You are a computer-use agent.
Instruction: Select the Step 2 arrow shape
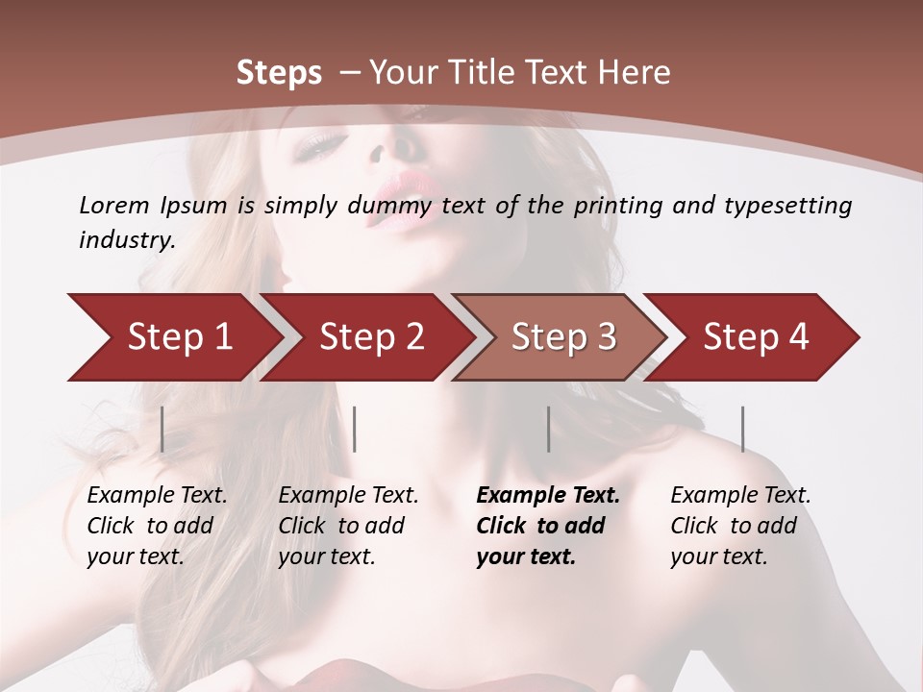tap(371, 337)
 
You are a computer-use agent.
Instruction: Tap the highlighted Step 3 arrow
tap(563, 337)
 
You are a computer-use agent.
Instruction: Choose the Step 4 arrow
tap(756, 337)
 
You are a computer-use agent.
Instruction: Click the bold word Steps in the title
tap(279, 73)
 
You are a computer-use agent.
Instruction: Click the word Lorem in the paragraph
tap(113, 205)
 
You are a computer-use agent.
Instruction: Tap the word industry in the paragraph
tap(127, 240)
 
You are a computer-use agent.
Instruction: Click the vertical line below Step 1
tap(162, 429)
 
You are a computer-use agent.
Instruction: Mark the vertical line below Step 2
tap(355, 429)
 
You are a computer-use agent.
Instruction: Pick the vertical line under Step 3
tap(548, 429)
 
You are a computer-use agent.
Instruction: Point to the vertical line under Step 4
tap(742, 429)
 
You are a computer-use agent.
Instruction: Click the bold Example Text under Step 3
tap(548, 496)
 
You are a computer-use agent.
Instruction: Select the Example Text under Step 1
tap(157, 496)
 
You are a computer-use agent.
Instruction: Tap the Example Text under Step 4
tap(740, 496)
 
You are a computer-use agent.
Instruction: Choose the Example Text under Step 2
tap(348, 496)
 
